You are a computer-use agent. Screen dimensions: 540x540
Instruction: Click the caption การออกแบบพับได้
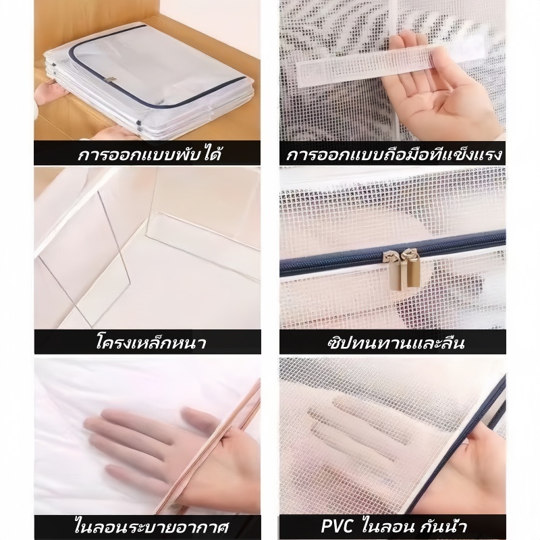[149, 154]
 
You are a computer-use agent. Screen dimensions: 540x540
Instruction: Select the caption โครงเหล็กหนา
[151, 342]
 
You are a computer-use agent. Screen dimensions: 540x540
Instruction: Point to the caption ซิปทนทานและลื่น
[396, 343]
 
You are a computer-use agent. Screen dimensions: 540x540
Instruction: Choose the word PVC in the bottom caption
[337, 526]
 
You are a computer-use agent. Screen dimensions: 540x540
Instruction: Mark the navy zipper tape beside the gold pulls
[393, 250]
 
